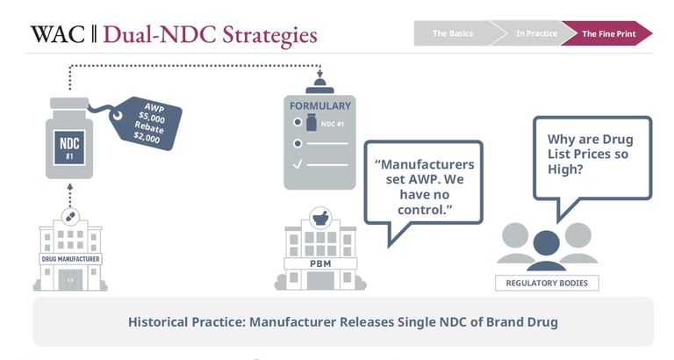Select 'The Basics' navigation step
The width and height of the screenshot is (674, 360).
click(x=452, y=33)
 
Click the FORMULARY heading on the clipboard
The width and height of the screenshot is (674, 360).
click(x=320, y=106)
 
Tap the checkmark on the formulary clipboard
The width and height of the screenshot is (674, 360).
click(x=298, y=163)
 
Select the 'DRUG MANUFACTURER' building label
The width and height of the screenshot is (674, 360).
click(x=70, y=259)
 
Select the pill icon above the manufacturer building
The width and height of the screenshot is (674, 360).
click(x=69, y=216)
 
